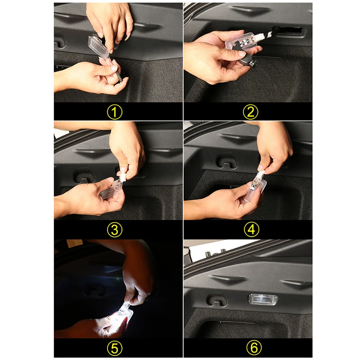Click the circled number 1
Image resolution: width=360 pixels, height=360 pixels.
tap(115, 112)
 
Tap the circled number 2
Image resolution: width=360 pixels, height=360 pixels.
tap(251, 112)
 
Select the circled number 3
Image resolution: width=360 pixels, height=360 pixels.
tap(115, 230)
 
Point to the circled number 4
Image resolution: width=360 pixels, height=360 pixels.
tap(252, 229)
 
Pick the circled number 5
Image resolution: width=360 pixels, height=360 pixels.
tap(115, 348)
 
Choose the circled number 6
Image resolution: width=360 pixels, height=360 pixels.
tap(254, 347)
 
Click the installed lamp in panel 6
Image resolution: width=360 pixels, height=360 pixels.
tap(263, 300)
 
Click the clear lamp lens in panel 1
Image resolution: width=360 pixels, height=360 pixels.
tap(98, 47)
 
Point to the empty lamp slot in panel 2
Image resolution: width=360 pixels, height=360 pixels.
tap(290, 30)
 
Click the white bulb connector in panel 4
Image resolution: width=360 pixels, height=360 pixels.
tap(261, 173)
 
